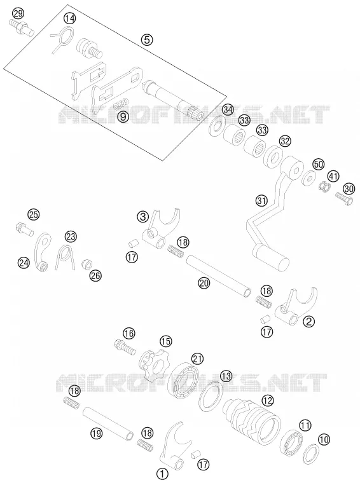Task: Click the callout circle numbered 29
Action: (x=18, y=13)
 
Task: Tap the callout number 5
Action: (x=147, y=39)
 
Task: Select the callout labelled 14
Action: (x=70, y=18)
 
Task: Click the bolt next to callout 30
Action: (x=344, y=198)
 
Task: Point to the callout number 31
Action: (x=261, y=200)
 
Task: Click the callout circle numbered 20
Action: (x=204, y=283)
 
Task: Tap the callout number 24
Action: (x=24, y=263)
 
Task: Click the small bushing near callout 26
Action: (x=87, y=265)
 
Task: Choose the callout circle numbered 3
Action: (x=142, y=217)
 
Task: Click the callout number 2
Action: (x=308, y=322)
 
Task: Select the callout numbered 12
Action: (x=268, y=401)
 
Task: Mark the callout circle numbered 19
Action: (x=97, y=434)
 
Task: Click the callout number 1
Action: (x=162, y=474)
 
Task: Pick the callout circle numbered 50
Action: (x=318, y=164)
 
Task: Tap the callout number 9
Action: (x=123, y=116)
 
